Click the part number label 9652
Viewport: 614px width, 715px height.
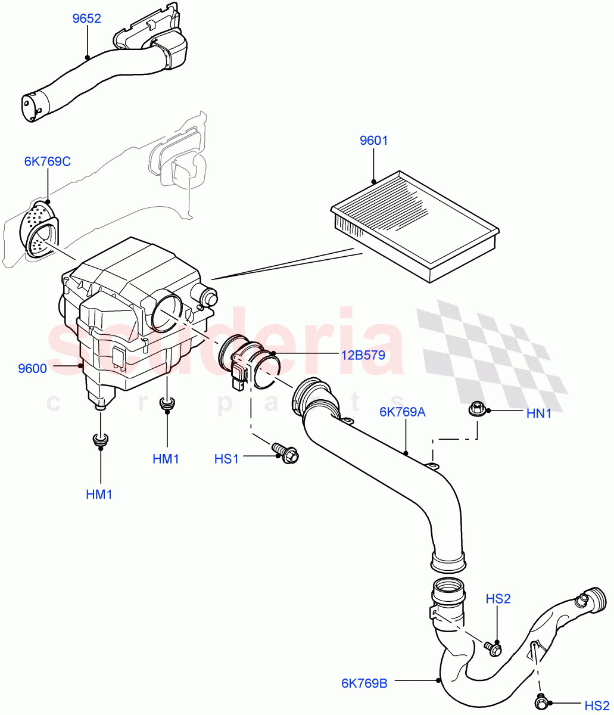(x=86, y=18)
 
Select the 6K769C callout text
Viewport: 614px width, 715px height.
(x=47, y=161)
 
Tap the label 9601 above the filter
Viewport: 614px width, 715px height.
(x=373, y=141)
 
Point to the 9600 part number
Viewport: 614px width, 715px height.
(x=32, y=368)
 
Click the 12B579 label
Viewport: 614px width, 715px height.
(x=363, y=355)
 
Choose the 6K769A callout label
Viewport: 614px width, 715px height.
(x=403, y=412)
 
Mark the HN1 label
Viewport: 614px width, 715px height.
(x=539, y=413)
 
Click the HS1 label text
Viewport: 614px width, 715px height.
(x=226, y=459)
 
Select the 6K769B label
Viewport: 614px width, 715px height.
(x=364, y=683)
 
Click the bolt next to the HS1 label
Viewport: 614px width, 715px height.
(x=285, y=453)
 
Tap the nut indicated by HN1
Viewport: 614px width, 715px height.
(x=477, y=409)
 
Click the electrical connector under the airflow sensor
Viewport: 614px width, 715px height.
(x=239, y=381)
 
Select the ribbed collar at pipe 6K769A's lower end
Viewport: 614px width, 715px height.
(x=447, y=561)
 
